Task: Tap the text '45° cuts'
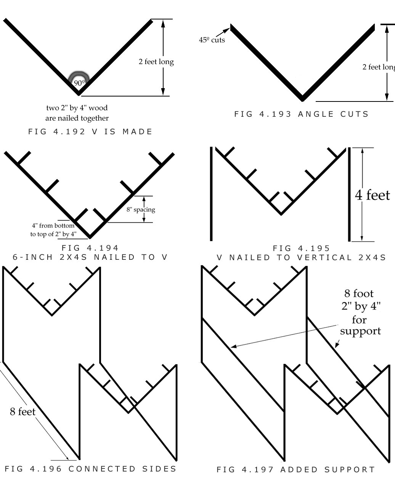pyautogui.click(x=212, y=40)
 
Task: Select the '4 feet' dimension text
pyautogui.click(x=373, y=195)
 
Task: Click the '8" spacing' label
pyautogui.click(x=141, y=209)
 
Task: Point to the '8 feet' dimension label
pyautogui.click(x=22, y=412)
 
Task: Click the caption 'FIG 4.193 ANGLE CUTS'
pyautogui.click(x=302, y=114)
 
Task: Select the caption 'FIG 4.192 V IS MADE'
pyautogui.click(x=91, y=132)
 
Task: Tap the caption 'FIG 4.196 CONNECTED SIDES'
pyautogui.click(x=91, y=468)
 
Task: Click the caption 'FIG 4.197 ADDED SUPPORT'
pyautogui.click(x=296, y=469)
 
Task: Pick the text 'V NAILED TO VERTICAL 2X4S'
pyautogui.click(x=301, y=258)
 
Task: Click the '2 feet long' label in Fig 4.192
pyautogui.click(x=156, y=62)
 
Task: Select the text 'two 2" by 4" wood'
pyautogui.click(x=77, y=108)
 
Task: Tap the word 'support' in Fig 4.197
pyautogui.click(x=360, y=331)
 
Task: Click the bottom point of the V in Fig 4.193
pyautogui.click(x=302, y=98)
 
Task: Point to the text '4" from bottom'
pyautogui.click(x=53, y=225)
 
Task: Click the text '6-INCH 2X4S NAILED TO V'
pyautogui.click(x=91, y=257)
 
